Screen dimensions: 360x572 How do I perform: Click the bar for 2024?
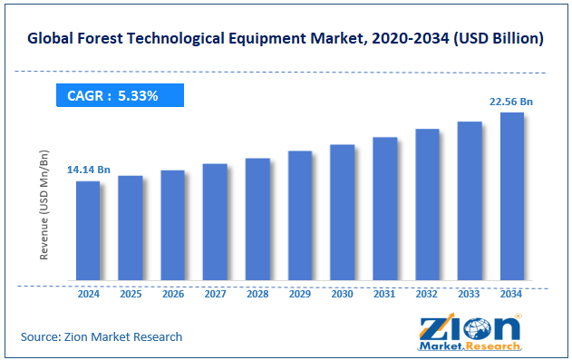[x=88, y=230]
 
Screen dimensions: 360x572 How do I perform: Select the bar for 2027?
[x=215, y=222]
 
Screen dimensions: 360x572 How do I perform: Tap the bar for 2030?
[x=342, y=212]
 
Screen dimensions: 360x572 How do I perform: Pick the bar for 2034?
[x=511, y=196]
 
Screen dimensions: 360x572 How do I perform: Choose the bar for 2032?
[x=427, y=204]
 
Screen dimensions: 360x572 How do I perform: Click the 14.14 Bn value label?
[x=88, y=170]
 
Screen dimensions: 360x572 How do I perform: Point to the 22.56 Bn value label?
[x=511, y=101]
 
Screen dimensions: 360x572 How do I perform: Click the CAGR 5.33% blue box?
[x=120, y=95]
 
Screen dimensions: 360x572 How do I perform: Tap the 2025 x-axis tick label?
[x=131, y=294]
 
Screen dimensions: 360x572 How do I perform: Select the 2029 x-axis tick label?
[x=300, y=294]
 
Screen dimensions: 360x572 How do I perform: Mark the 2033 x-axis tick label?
[x=470, y=294]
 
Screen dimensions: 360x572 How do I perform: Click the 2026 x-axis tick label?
[x=172, y=294]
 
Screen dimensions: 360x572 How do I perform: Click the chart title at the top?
[x=286, y=38]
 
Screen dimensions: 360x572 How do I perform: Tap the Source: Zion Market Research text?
[x=102, y=336]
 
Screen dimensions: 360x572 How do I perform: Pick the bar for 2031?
[x=384, y=209]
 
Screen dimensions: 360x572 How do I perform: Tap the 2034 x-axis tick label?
[x=511, y=294]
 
